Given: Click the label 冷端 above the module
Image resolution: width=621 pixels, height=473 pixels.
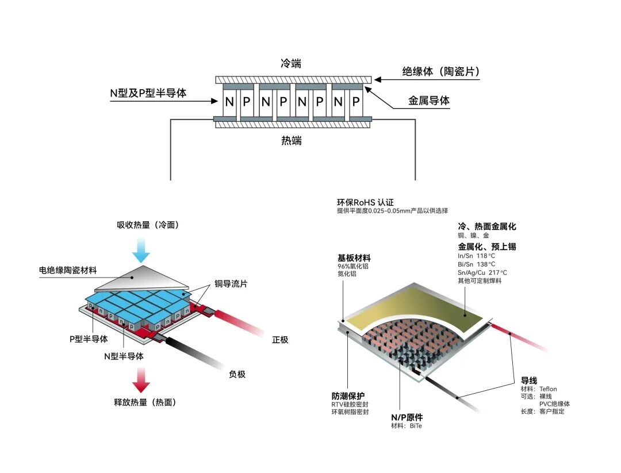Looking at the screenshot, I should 291,63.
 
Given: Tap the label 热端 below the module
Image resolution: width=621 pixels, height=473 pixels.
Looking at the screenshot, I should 291,141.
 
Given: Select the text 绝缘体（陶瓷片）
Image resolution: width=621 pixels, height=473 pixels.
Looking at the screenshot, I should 440,72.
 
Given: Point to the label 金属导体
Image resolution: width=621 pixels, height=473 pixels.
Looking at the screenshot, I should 429,101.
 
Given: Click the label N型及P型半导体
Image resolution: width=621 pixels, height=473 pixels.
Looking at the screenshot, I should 148,93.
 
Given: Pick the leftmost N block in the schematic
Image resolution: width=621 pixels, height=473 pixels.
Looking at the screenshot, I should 229,102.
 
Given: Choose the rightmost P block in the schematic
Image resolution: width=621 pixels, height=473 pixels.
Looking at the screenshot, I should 356,102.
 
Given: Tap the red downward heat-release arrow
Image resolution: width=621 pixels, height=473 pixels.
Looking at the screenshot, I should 141,379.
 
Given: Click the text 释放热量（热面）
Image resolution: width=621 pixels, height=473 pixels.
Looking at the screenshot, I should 145,402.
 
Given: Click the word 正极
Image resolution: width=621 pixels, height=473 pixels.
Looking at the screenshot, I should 280,340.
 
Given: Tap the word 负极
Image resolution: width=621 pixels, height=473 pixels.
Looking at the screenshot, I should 237,374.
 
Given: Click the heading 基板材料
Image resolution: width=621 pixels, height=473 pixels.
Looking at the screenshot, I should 354,258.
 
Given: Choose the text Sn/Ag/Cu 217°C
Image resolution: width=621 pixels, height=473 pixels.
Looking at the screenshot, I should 482,272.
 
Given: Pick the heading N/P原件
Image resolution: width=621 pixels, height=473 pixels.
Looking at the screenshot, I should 407,417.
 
